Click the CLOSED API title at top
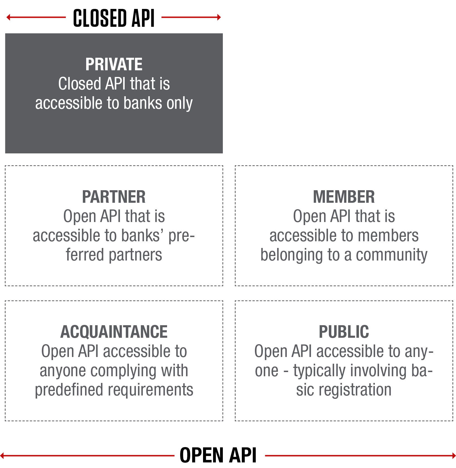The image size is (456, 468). [x=114, y=18]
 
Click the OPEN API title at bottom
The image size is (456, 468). [x=218, y=455]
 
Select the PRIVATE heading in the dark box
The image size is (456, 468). [x=114, y=64]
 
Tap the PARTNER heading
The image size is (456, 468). [x=114, y=197]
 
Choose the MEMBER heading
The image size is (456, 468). [x=344, y=197]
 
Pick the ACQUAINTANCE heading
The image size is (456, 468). [x=114, y=332]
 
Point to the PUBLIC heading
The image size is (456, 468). [x=344, y=332]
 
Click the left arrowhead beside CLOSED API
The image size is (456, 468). [x=8, y=17]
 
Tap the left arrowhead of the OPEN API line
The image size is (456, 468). [x=2, y=456]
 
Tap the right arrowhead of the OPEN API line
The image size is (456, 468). [x=454, y=456]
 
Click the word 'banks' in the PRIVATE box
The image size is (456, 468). [x=143, y=103]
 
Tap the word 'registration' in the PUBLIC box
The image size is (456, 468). [x=355, y=390]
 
